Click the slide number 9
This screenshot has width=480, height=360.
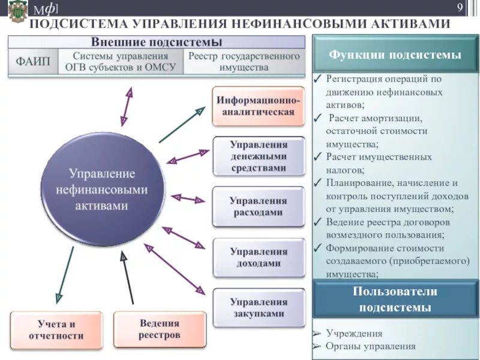460,8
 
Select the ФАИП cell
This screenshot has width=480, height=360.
34,61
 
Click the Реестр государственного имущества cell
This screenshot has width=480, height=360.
244,61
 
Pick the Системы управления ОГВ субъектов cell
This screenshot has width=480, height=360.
121,61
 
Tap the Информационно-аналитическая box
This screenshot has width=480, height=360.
259,106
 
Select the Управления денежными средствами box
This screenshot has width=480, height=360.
259,157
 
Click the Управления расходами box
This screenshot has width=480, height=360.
259,206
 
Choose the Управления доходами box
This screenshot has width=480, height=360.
259,257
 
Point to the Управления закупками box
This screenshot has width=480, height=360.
259,307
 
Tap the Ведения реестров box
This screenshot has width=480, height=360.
160,329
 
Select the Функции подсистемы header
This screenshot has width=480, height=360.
395,55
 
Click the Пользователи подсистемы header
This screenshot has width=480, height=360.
395,299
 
